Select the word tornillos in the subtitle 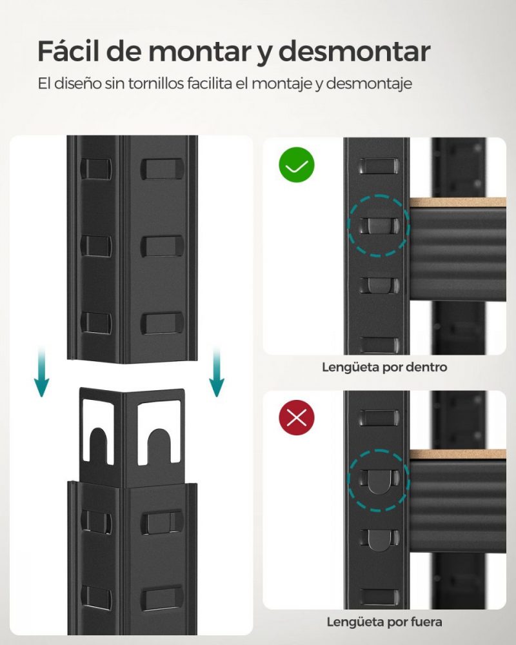click(x=169, y=84)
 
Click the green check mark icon click(x=297, y=165)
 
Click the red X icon click(x=297, y=419)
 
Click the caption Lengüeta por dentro click(x=384, y=368)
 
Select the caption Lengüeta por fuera click(x=384, y=622)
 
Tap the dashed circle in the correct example click(x=378, y=225)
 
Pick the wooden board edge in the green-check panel click(x=458, y=203)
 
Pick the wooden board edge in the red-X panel click(x=458, y=455)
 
